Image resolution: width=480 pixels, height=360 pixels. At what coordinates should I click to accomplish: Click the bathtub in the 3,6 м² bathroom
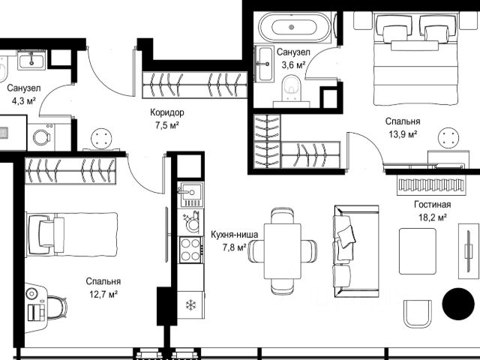295,27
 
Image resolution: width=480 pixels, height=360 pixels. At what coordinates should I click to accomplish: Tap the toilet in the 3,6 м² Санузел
292,88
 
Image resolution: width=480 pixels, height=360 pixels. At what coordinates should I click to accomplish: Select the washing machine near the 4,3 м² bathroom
42,136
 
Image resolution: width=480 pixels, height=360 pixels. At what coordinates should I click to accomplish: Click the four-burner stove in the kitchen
190,250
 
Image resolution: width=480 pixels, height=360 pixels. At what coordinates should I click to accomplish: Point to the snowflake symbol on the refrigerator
191,305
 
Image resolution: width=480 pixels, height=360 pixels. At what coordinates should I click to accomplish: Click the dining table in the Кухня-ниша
282,251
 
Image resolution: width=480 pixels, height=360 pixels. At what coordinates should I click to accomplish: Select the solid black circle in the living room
458,304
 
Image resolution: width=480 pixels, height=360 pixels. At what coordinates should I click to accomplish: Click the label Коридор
167,112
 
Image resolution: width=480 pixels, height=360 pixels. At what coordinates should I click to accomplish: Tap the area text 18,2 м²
432,217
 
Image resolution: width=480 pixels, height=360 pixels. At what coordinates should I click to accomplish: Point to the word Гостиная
433,204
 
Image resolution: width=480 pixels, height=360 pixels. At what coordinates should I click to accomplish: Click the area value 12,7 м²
103,294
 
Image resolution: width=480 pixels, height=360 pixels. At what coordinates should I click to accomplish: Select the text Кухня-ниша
235,235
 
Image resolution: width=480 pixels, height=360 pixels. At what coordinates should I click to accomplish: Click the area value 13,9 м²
403,134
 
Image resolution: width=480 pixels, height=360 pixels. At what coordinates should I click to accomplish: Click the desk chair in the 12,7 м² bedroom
57,307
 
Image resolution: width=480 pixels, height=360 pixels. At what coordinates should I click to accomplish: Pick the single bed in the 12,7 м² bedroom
73,235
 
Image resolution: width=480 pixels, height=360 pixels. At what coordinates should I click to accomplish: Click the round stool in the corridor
102,139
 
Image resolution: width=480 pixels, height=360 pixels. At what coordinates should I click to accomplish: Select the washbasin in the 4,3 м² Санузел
31,60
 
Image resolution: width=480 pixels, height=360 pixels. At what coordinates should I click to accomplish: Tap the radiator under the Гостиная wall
431,185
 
